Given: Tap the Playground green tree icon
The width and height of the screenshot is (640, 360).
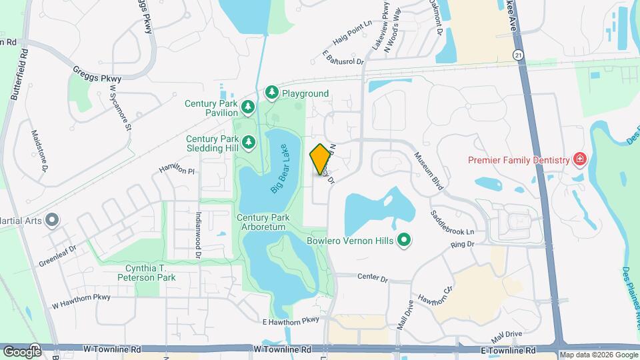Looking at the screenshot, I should coord(271,93).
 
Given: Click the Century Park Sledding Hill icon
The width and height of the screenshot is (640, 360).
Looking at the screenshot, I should coord(249,142).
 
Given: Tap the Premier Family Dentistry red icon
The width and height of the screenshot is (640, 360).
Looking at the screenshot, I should coord(579,160).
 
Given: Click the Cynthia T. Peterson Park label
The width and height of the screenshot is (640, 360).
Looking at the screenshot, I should coord(147,272).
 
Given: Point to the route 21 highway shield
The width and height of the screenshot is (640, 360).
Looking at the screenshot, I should coord(518,54).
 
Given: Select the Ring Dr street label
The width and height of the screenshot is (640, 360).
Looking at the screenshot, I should coord(461,245).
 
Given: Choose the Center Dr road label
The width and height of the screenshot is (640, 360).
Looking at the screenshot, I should coord(372,277).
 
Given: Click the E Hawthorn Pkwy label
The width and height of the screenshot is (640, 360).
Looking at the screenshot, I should coord(291,321).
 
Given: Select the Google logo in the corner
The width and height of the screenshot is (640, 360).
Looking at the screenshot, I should coord(22,351).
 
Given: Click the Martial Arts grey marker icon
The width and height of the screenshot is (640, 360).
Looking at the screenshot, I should coord(51,220).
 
